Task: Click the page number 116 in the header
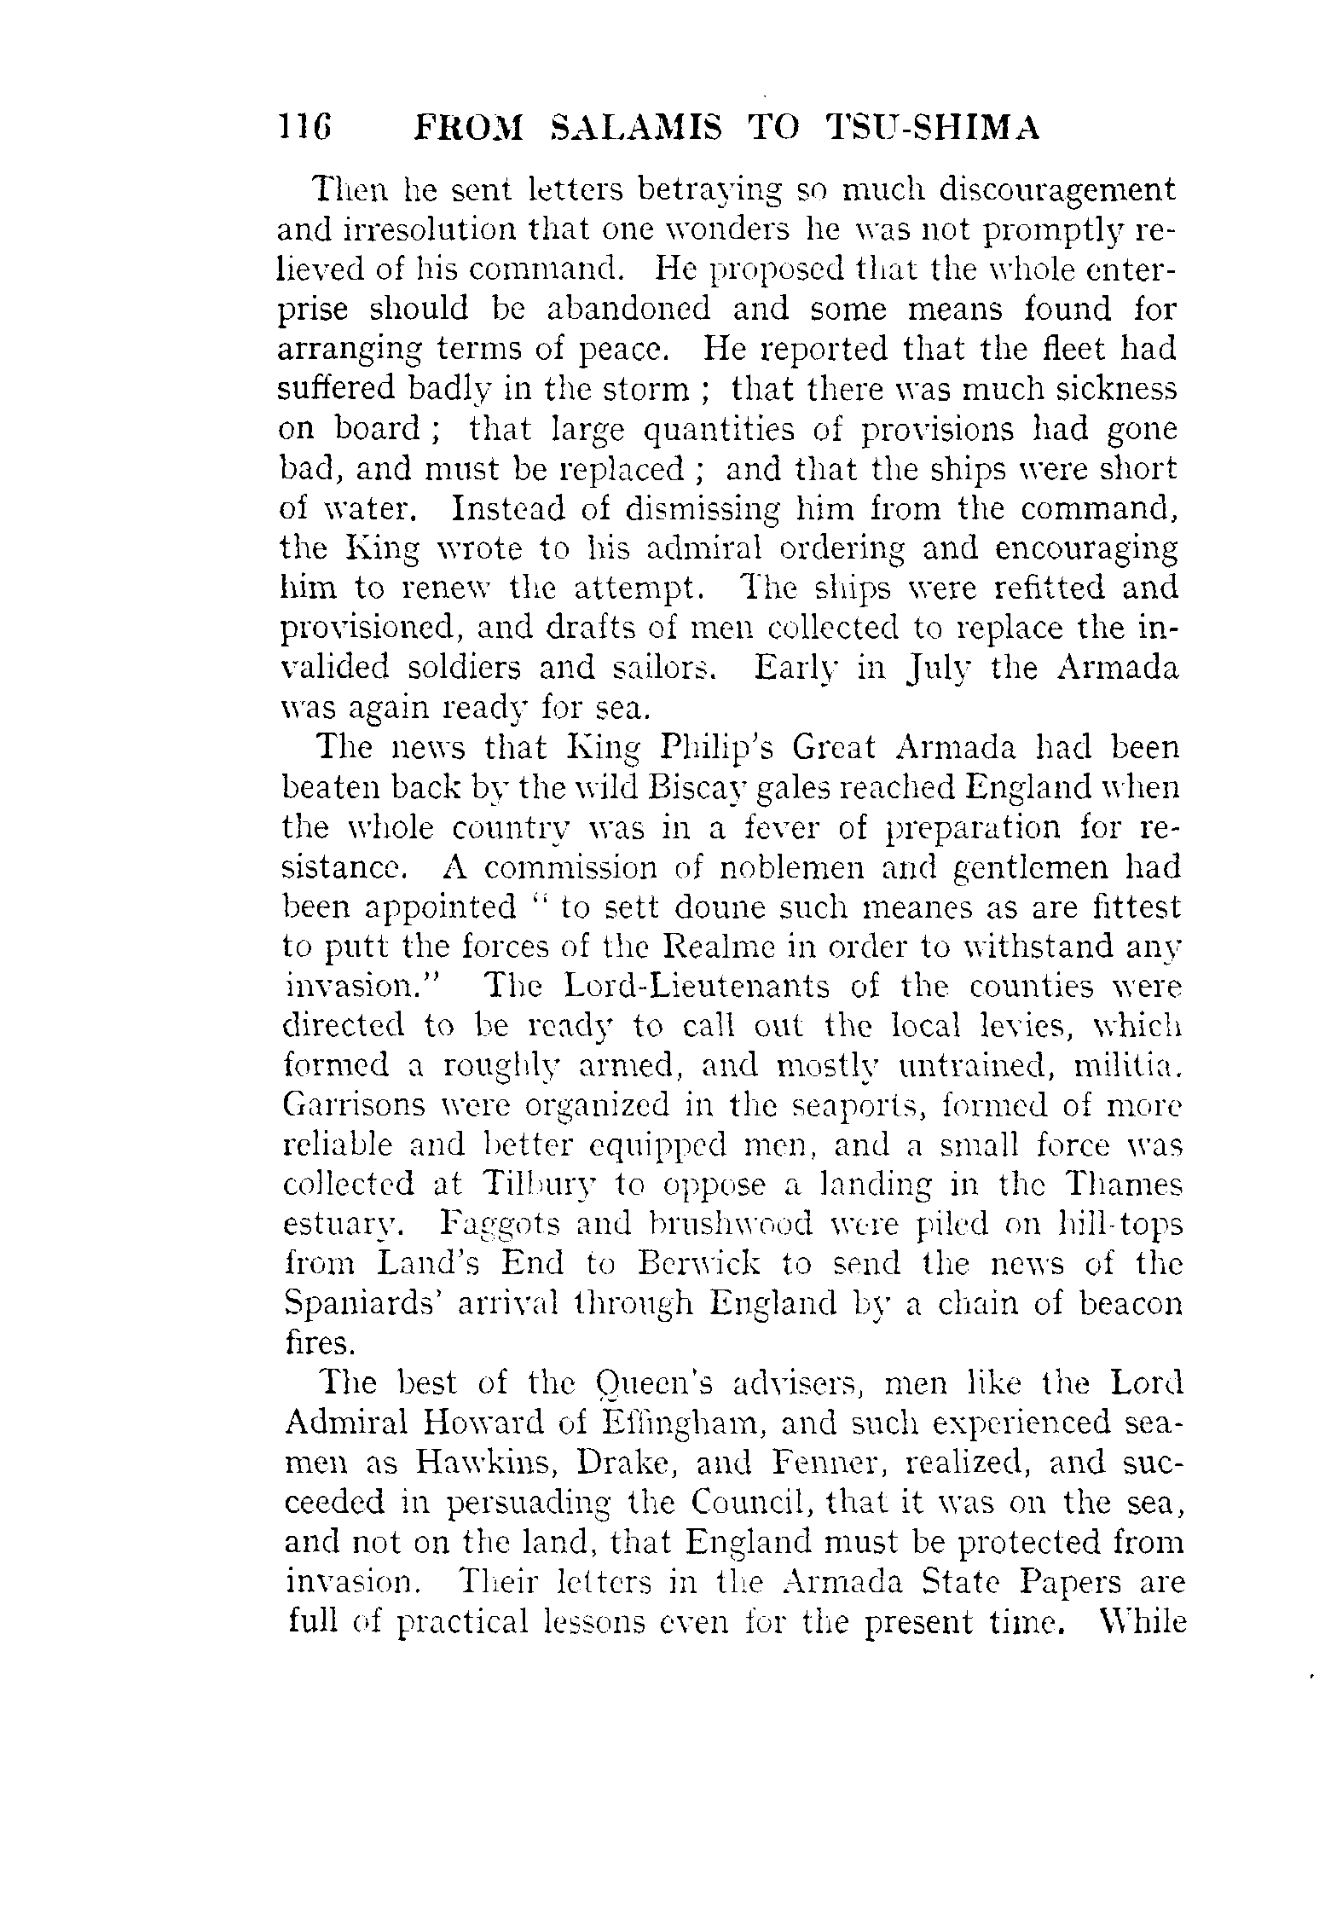point(304,128)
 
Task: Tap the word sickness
point(1105,389)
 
